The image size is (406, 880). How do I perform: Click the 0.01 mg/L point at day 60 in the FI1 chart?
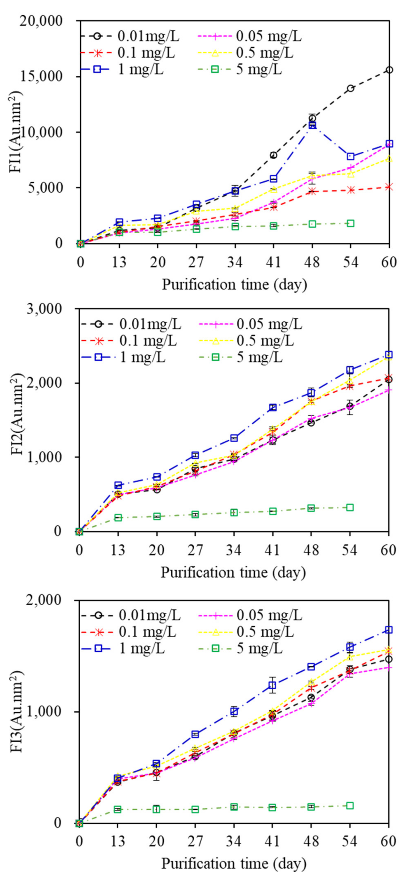[389, 70]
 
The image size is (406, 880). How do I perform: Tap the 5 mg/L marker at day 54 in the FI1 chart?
[350, 223]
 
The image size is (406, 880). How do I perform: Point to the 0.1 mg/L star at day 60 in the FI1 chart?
[389, 187]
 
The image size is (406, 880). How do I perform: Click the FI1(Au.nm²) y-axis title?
[17, 131]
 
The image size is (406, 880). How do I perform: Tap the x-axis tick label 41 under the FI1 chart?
[273, 262]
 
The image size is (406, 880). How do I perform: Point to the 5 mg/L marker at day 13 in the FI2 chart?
[118, 518]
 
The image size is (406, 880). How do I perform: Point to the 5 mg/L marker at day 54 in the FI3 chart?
[350, 806]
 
